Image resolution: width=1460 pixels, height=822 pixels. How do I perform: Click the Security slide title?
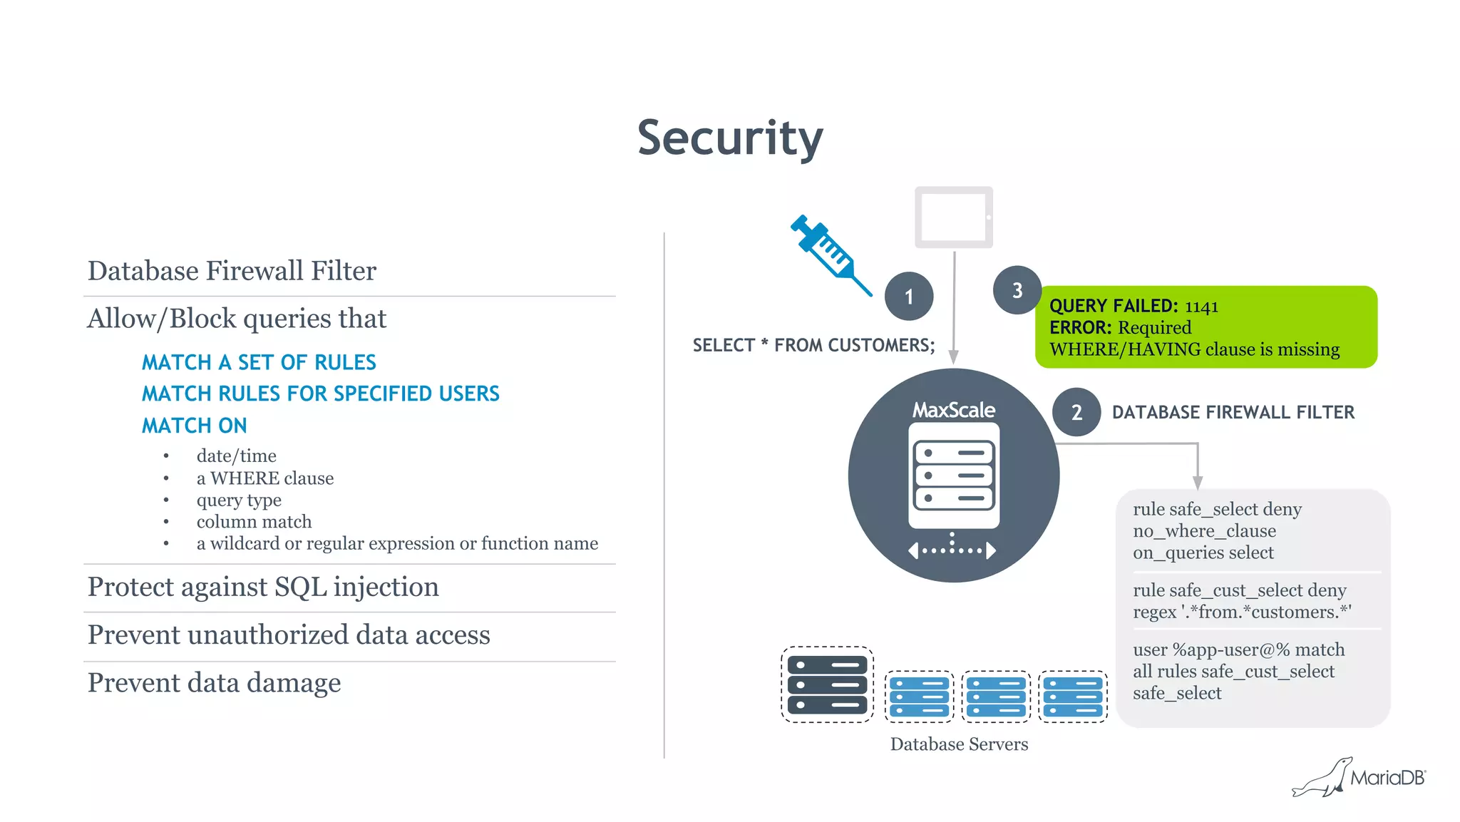[x=730, y=138]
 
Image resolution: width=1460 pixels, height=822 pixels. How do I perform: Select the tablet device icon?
[x=954, y=217]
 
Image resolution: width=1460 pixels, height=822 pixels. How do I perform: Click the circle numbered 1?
[x=909, y=297]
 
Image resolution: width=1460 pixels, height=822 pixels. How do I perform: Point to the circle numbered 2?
[x=1076, y=412]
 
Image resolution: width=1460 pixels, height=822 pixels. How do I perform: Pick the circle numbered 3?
[x=1017, y=290]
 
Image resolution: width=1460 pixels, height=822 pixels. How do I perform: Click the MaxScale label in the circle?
[x=954, y=410]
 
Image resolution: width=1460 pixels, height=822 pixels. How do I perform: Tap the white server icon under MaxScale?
[x=954, y=476]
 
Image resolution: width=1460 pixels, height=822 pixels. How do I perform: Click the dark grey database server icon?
[x=827, y=684]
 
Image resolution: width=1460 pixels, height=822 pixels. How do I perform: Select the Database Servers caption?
[x=959, y=744]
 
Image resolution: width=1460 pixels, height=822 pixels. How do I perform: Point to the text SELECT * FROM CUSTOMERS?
[x=813, y=346]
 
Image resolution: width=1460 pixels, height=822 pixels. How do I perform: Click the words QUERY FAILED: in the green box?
[x=1114, y=307]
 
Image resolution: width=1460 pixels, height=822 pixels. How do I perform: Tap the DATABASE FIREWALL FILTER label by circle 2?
[x=1233, y=412]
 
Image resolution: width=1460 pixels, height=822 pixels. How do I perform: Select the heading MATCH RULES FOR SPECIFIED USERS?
[x=320, y=394]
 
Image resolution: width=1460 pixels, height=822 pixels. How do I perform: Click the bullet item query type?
[x=239, y=500]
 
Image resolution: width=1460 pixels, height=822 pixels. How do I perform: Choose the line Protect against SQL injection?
[x=263, y=587]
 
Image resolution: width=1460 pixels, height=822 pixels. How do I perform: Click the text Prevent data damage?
[x=214, y=683]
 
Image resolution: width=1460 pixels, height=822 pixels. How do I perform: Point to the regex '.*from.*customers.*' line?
[x=1241, y=612]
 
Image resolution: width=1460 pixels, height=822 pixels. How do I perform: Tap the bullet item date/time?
[x=236, y=456]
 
